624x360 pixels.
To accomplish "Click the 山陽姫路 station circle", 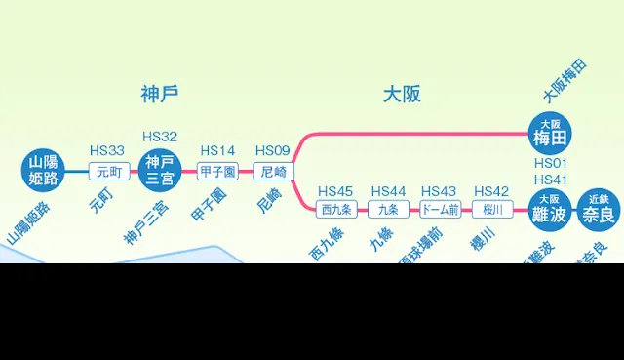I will pyautogui.click(x=43, y=171).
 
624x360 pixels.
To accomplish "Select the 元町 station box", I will pyautogui.click(x=106, y=172).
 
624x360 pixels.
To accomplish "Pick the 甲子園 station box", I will pyautogui.click(x=217, y=172).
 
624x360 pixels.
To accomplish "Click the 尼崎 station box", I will pyautogui.click(x=273, y=172).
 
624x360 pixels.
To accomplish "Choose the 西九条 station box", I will pyautogui.click(x=336, y=209).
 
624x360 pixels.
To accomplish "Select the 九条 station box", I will pyautogui.click(x=388, y=209).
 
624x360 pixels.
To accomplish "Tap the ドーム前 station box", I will pyautogui.click(x=440, y=209).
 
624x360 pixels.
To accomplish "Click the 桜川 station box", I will pyautogui.click(x=491, y=209).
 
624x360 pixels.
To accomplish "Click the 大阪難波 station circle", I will pyautogui.click(x=549, y=209).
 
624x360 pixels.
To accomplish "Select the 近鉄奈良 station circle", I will pyautogui.click(x=598, y=209).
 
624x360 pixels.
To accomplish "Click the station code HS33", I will pyautogui.click(x=106, y=150).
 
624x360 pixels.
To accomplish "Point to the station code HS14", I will pyautogui.click(x=217, y=150).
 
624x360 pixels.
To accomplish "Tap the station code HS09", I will pyautogui.click(x=273, y=150).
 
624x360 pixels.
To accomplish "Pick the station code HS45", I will pyautogui.click(x=335, y=190).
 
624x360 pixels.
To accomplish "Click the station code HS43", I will pyautogui.click(x=439, y=190).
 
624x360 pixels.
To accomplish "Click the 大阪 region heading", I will pyautogui.click(x=401, y=95).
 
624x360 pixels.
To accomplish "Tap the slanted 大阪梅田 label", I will pyautogui.click(x=565, y=83).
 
